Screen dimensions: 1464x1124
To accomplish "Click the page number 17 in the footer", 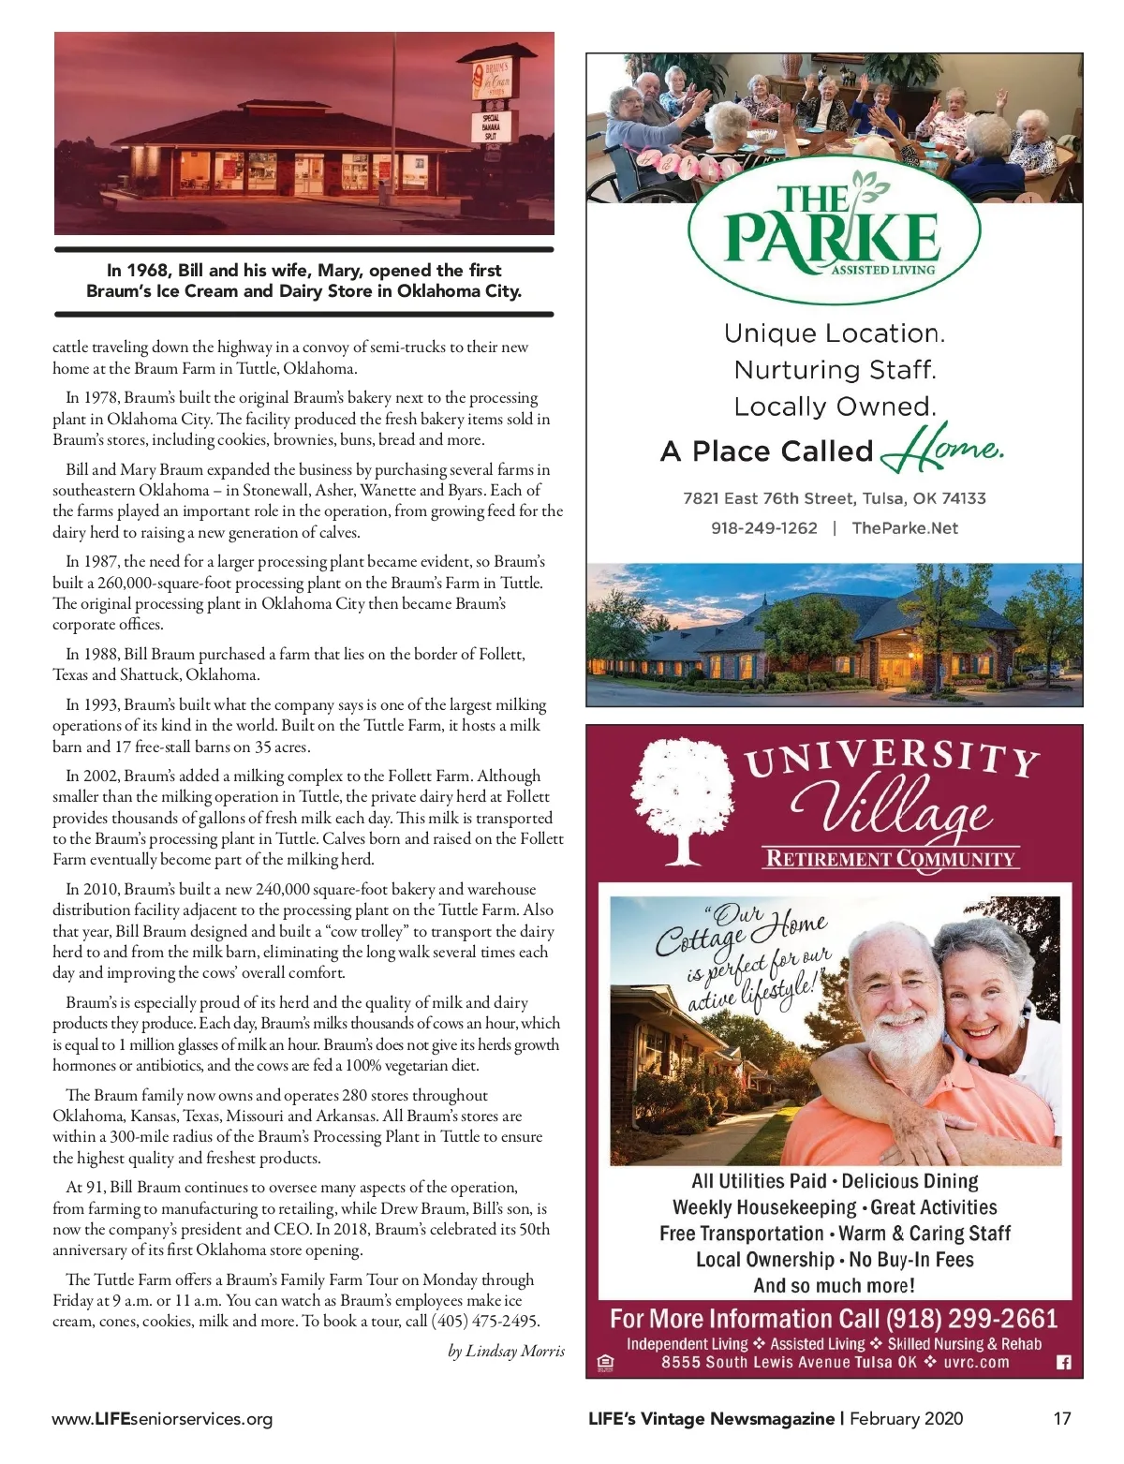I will [x=1061, y=1418].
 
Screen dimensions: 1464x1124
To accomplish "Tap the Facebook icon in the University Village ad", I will [x=1063, y=1363].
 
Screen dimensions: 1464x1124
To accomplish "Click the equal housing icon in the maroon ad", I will [x=605, y=1363].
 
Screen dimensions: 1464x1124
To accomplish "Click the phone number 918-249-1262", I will [x=763, y=528].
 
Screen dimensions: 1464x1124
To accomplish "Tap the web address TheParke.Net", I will [x=905, y=528].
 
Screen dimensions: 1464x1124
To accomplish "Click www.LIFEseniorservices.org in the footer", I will [x=162, y=1418].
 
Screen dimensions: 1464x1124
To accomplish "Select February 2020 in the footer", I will [x=906, y=1418].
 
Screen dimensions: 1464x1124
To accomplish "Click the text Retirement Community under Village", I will [x=890, y=859].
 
